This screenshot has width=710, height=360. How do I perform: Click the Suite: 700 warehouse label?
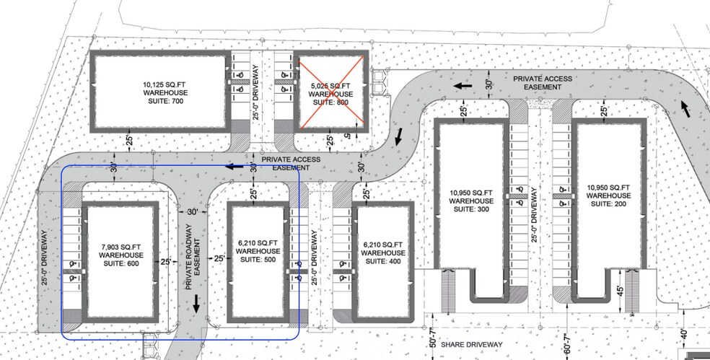pos(165,93)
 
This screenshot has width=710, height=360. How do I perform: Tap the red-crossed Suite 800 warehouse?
pos(331,91)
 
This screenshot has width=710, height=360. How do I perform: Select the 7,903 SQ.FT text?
pos(121,247)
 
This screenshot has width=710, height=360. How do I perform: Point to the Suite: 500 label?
pos(258,260)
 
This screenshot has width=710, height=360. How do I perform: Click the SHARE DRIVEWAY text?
pos(472,345)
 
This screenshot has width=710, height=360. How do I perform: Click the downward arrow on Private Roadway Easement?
pos(196,304)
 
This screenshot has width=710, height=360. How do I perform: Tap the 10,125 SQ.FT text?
pos(165,84)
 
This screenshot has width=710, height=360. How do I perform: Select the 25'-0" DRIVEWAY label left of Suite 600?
pos(44,258)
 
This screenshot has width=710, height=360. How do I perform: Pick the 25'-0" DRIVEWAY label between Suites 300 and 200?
pos(535,215)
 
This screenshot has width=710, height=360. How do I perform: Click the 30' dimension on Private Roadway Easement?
pos(193,212)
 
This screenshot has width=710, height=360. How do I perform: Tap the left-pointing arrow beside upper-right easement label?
pos(463,86)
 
